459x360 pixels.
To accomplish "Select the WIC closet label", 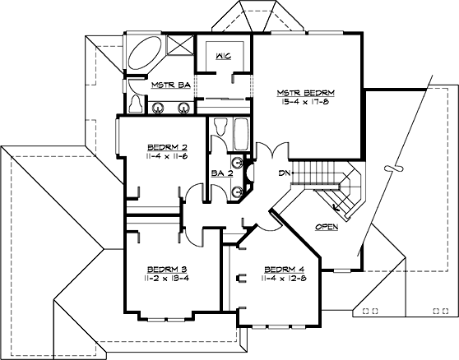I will click(x=222, y=57).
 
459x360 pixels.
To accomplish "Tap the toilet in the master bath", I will click(x=135, y=102).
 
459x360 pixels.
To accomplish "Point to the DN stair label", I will click(x=285, y=173).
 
